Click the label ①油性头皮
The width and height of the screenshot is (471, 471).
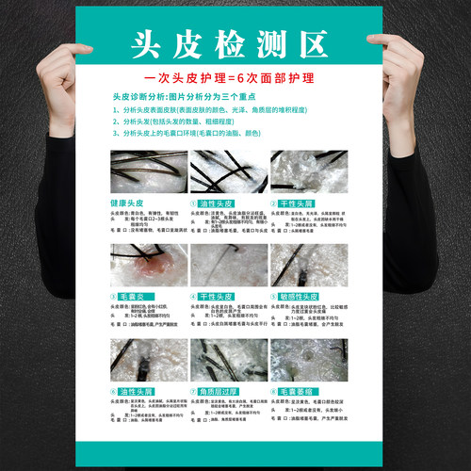click(x=215, y=203)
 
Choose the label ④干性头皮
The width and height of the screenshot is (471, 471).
click(x=215, y=296)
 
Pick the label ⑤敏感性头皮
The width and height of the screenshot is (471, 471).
click(x=300, y=296)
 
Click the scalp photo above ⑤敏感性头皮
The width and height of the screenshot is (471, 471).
click(x=309, y=266)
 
